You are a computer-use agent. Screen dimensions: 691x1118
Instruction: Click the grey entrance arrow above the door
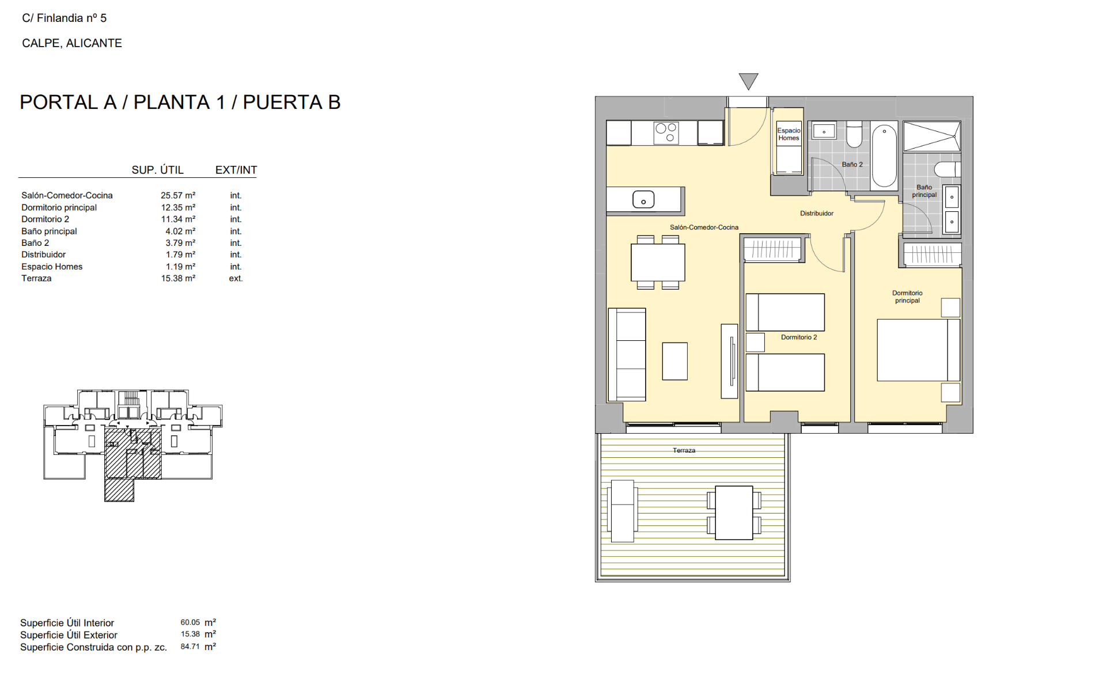pyautogui.click(x=748, y=81)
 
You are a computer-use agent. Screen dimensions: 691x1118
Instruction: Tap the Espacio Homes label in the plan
pyautogui.click(x=789, y=134)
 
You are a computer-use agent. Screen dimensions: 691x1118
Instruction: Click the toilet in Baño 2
pyautogui.click(x=854, y=135)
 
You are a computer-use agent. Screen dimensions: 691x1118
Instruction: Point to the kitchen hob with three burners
pyautogui.click(x=666, y=133)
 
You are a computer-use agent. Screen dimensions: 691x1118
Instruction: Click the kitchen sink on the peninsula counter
pyautogui.click(x=643, y=200)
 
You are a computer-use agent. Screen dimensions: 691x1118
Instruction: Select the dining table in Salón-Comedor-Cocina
pyautogui.click(x=658, y=263)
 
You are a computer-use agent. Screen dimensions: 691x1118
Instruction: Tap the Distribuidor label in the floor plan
pyautogui.click(x=816, y=214)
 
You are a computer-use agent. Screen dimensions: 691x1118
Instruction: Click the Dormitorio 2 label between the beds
pyautogui.click(x=798, y=337)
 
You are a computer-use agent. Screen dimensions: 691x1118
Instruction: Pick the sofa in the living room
pyautogui.click(x=627, y=354)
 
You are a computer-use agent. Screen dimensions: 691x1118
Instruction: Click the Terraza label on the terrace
pyautogui.click(x=684, y=450)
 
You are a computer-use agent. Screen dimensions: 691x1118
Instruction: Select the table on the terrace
pyautogui.click(x=734, y=512)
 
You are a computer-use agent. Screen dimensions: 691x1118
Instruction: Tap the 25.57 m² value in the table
pyautogui.click(x=178, y=196)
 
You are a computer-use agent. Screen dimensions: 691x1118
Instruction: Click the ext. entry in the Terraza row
pyautogui.click(x=236, y=279)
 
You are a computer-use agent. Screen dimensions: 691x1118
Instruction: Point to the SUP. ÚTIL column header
pyautogui.click(x=157, y=170)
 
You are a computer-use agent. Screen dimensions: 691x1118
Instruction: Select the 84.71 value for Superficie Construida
pyautogui.click(x=190, y=647)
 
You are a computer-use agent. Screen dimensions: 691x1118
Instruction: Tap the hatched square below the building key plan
pyautogui.click(x=119, y=490)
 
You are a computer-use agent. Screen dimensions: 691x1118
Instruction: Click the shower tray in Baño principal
pyautogui.click(x=931, y=136)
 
